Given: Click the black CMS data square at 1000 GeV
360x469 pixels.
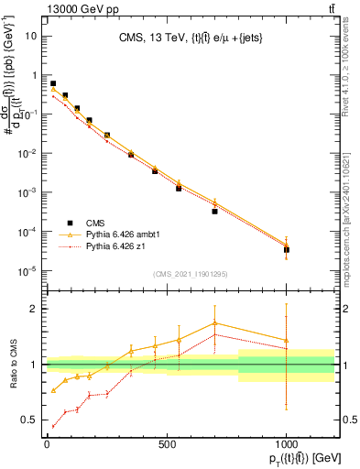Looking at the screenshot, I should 287,249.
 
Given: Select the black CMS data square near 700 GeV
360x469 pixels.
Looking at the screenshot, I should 214,211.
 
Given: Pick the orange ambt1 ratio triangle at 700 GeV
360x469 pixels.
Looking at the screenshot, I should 214,322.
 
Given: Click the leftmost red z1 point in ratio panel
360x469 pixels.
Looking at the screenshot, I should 53,426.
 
